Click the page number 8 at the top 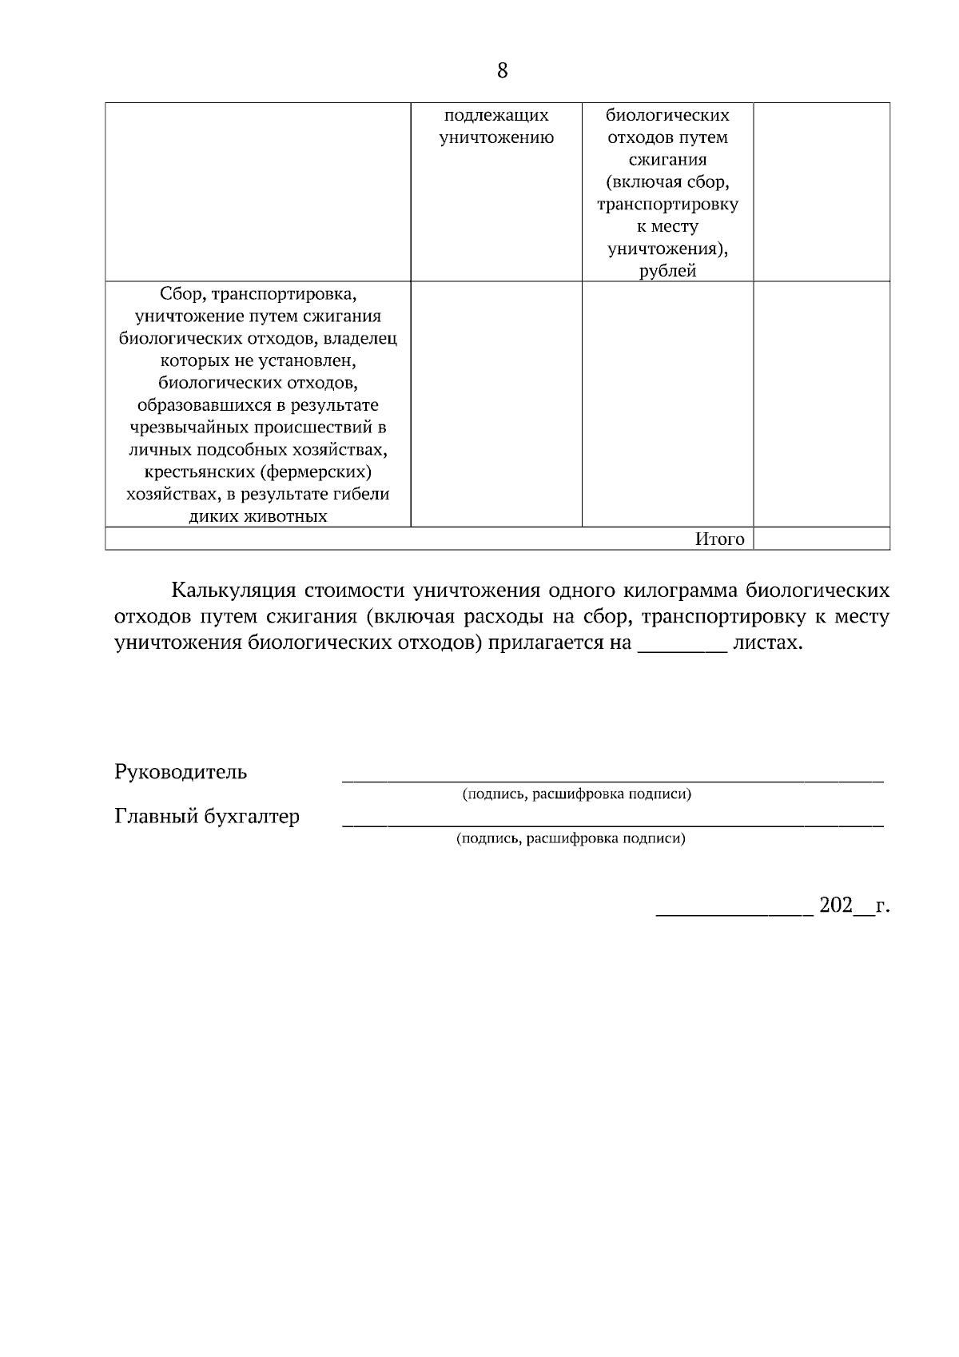pyautogui.click(x=502, y=71)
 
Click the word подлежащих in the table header pyautogui.click(x=496, y=115)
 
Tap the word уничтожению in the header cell pyautogui.click(x=496, y=137)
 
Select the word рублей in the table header pyautogui.click(x=667, y=271)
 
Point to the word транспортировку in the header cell pyautogui.click(x=667, y=205)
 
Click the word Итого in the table pyautogui.click(x=719, y=539)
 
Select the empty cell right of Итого pyautogui.click(x=822, y=539)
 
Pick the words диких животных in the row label pyautogui.click(x=257, y=516)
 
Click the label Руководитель pyautogui.click(x=181, y=773)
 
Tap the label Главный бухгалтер pyautogui.click(x=207, y=817)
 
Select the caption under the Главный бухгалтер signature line pyautogui.click(x=571, y=839)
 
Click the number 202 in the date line pyautogui.click(x=836, y=906)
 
